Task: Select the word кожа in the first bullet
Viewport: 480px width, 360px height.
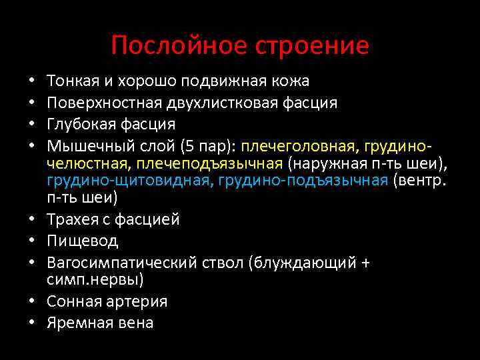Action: point(290,81)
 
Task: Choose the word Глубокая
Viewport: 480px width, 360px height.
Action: point(76,124)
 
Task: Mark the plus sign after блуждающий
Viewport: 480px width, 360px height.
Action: point(364,263)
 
